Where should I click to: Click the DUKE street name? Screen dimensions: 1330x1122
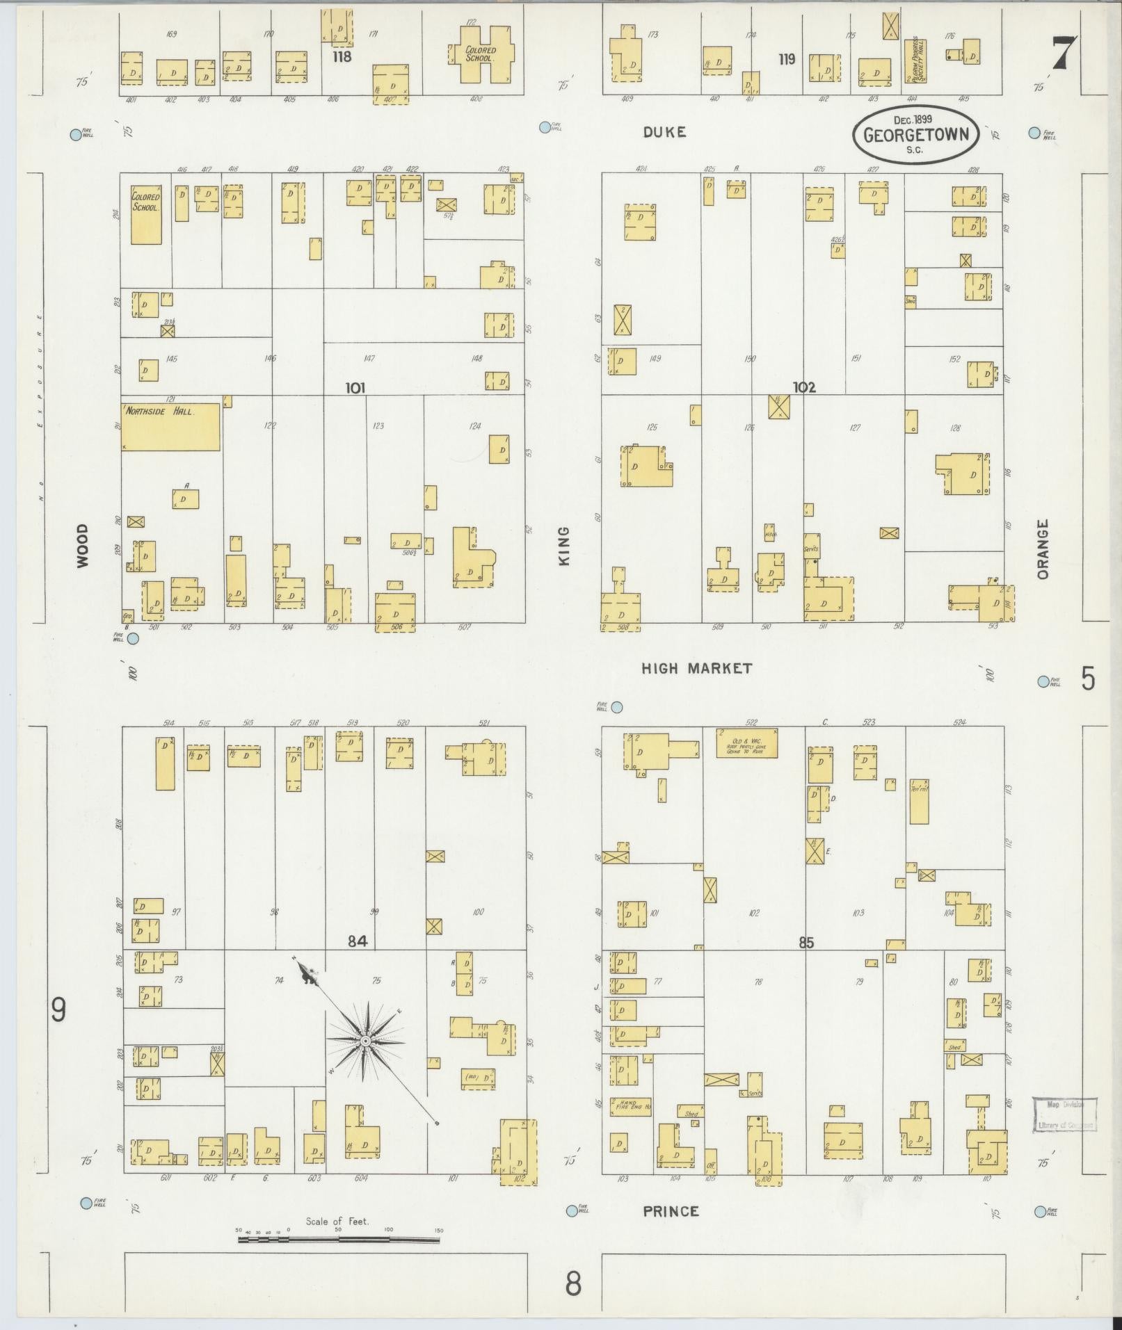pyautogui.click(x=664, y=131)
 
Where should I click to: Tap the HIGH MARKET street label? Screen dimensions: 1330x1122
pyautogui.click(x=696, y=668)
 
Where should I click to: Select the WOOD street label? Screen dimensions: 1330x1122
pyautogui.click(x=83, y=546)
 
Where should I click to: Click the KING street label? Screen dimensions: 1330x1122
pyautogui.click(x=563, y=546)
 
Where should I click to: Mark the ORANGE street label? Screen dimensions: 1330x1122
pyautogui.click(x=1041, y=549)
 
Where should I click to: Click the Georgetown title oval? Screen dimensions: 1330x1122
pyautogui.click(x=915, y=134)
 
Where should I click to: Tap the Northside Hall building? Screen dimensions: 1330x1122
pyautogui.click(x=171, y=425)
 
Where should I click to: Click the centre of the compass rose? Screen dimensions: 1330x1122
pyautogui.click(x=364, y=1041)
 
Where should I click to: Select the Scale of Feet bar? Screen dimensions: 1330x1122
pyautogui.click(x=340, y=1239)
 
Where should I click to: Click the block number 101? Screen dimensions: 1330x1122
pyautogui.click(x=355, y=388)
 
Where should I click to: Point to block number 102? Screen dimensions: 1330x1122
pyautogui.click(x=804, y=387)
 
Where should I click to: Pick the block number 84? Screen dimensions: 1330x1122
pyautogui.click(x=357, y=941)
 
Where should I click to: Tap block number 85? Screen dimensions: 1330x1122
pyautogui.click(x=806, y=943)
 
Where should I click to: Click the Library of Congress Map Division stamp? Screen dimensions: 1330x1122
pyautogui.click(x=1064, y=1114)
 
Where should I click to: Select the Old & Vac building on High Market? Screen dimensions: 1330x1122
pyautogui.click(x=746, y=743)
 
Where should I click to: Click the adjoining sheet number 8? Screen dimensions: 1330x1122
pyautogui.click(x=572, y=1284)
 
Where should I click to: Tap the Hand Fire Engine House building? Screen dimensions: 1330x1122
pyautogui.click(x=631, y=1107)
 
